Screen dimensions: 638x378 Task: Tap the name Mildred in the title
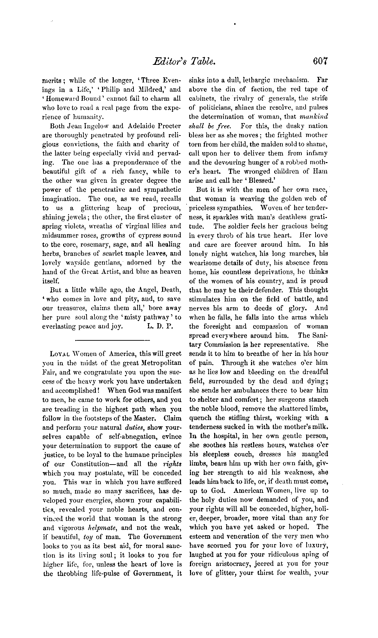tap(146, 90)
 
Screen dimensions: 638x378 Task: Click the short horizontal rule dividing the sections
tap(112, 340)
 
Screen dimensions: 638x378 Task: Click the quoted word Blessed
tap(242, 180)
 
